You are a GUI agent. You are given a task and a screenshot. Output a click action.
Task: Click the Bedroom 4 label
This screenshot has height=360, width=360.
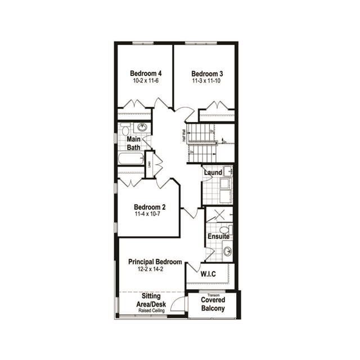coord(146,74)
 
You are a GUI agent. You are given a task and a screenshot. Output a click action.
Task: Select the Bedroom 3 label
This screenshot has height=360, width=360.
coord(207,74)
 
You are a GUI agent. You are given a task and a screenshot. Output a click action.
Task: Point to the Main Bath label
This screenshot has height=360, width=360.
coord(134,143)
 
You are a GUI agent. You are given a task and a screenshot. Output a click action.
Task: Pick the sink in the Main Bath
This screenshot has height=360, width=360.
coord(142,127)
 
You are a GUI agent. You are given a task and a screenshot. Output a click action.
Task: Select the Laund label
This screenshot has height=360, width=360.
coord(213,172)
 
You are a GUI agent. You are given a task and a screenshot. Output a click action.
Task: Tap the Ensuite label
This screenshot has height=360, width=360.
coord(218,236)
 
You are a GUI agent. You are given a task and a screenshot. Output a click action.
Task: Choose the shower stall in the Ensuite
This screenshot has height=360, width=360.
coord(218,215)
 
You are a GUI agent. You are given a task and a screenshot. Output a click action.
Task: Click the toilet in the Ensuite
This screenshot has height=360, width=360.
coord(225,229)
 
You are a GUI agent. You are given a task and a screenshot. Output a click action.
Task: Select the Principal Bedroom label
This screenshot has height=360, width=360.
coord(155,262)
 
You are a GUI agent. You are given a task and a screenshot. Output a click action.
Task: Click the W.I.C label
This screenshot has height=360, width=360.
coord(209,274)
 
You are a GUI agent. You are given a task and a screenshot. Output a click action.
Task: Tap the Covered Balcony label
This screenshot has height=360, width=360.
coord(213,304)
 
